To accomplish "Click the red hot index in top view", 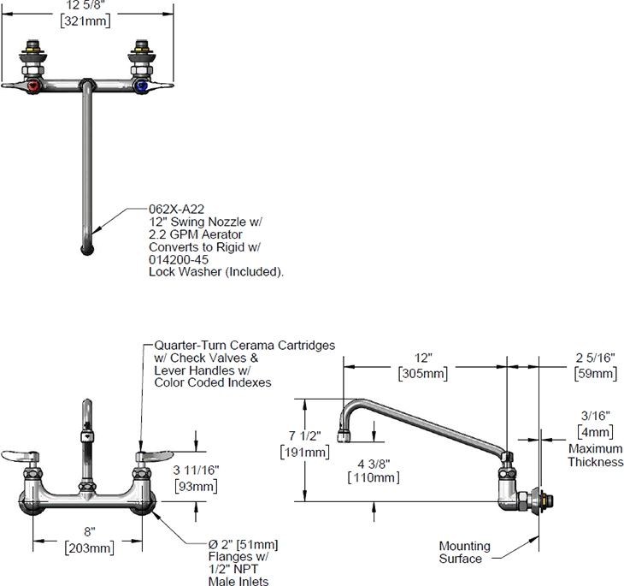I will [32, 87].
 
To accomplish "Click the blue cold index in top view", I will [141, 87].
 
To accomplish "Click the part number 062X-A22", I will [176, 208].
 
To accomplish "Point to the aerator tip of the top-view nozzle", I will [87, 250].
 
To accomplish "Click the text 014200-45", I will [179, 260].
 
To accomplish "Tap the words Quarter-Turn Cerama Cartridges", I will [244, 345].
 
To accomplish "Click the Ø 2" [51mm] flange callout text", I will [244, 545].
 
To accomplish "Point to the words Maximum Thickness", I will [595, 455].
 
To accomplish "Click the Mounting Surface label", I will [464, 553].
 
